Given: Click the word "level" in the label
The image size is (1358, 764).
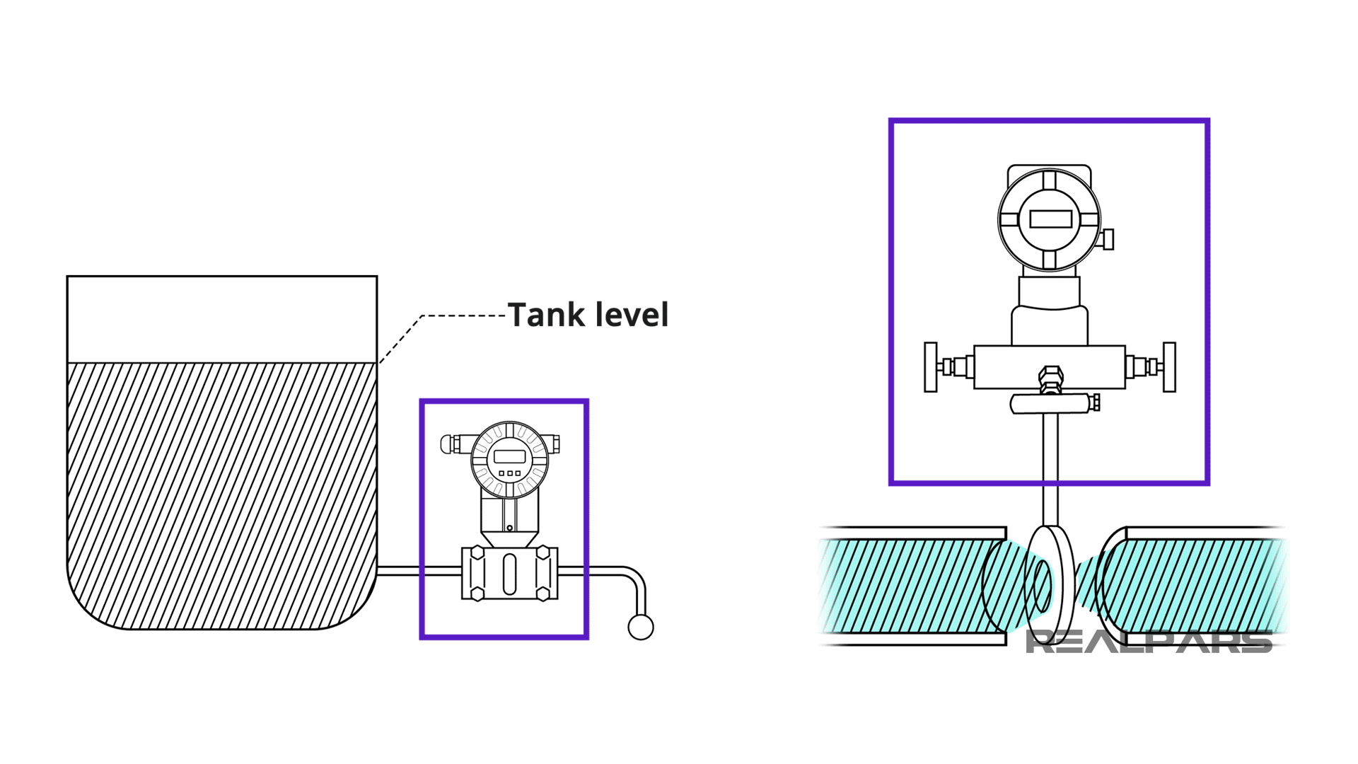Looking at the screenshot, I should click(632, 316).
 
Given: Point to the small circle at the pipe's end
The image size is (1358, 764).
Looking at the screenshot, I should click(641, 627).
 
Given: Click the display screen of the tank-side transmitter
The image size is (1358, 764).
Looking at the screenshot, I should click(509, 456).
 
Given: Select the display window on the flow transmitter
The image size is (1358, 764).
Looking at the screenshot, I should click(1050, 219).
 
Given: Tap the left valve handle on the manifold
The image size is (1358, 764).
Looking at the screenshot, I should click(931, 367).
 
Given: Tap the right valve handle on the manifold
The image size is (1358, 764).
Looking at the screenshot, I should click(1169, 367).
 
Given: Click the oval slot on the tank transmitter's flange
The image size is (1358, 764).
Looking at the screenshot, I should click(509, 574).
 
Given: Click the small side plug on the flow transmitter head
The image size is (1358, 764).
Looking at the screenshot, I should click(1108, 239).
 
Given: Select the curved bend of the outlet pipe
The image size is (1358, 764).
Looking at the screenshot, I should click(634, 577).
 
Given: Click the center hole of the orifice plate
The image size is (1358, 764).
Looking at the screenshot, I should click(1042, 586).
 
